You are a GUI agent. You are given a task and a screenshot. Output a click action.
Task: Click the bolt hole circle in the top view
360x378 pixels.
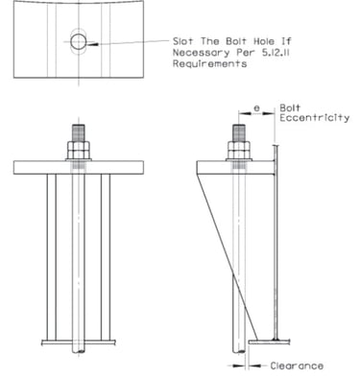(71, 42)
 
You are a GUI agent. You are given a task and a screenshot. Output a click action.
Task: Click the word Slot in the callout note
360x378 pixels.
(183, 41)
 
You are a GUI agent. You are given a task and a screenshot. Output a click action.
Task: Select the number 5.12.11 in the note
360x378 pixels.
(276, 53)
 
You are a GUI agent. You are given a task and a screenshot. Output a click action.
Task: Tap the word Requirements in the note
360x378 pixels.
(209, 63)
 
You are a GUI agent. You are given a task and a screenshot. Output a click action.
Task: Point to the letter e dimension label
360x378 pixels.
(256, 108)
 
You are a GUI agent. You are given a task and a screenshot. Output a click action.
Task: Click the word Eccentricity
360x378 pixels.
(315, 118)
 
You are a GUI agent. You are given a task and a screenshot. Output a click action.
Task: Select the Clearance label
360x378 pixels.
(297, 366)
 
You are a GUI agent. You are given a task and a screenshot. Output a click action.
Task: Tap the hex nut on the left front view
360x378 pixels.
(79, 150)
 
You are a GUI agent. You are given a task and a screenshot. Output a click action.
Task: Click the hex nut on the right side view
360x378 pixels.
(239, 150)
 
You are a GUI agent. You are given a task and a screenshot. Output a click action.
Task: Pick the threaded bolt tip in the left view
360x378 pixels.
(79, 132)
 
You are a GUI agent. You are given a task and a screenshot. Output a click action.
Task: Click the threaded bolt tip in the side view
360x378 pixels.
(239, 132)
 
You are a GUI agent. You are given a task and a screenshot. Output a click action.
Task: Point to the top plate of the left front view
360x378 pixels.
(79, 168)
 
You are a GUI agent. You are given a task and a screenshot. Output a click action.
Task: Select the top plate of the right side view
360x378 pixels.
(235, 168)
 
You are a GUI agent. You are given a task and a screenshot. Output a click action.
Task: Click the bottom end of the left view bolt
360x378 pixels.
(79, 352)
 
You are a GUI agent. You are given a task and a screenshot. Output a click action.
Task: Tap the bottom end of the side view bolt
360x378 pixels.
(239, 352)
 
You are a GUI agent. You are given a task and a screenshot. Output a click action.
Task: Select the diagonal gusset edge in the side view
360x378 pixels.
(228, 257)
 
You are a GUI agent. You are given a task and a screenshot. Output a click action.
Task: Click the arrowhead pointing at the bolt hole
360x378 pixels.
(92, 44)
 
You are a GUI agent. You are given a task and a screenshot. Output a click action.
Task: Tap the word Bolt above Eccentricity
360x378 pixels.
(290, 108)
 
